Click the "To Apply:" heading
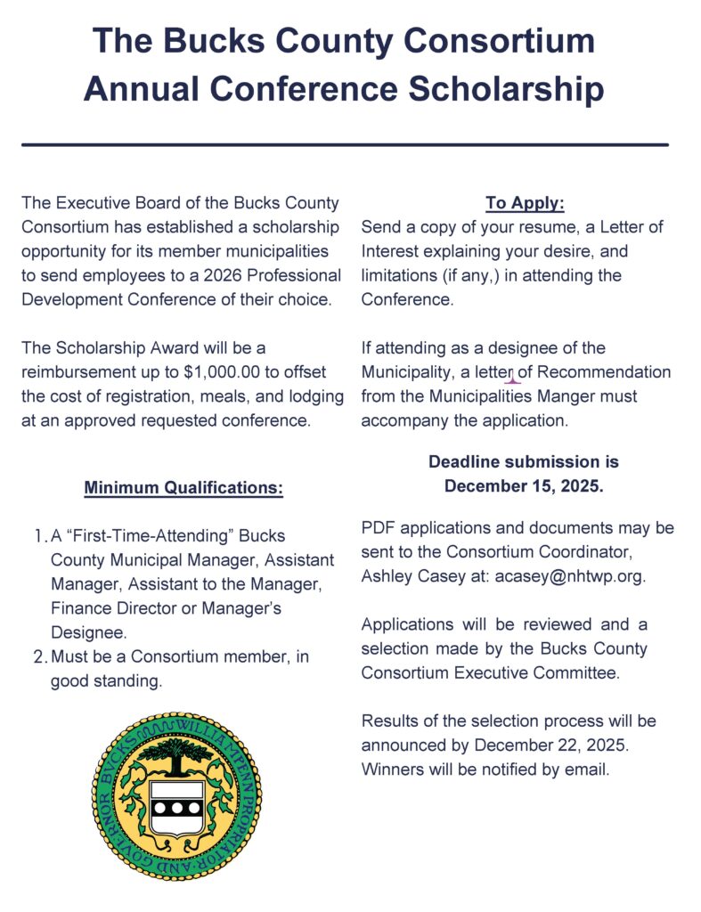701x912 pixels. tap(525, 203)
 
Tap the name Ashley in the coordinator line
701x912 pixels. tap(389, 575)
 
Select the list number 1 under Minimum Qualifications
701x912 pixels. tap(37, 536)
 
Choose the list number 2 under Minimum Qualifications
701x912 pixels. tap(38, 657)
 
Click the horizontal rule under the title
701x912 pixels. tap(344, 144)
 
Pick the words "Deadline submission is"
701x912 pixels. tap(523, 462)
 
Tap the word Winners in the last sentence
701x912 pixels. tap(393, 769)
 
